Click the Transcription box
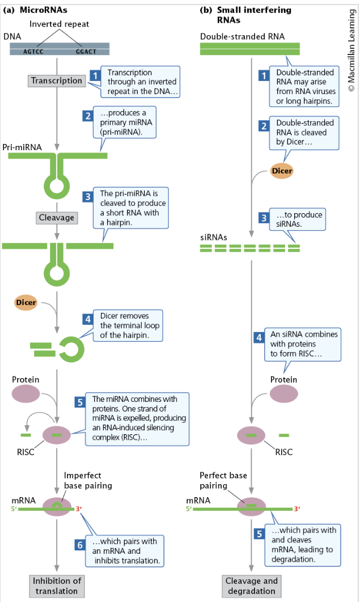57,80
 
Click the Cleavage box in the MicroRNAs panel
56,217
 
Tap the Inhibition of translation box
57,586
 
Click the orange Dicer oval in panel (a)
26,303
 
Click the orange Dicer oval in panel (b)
282,170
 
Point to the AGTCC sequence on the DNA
33,51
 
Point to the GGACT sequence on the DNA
86,51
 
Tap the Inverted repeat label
59,24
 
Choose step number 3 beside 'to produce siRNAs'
264,218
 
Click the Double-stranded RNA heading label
242,37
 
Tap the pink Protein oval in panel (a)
26,393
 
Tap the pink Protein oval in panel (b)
283,393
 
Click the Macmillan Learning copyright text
351,48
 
